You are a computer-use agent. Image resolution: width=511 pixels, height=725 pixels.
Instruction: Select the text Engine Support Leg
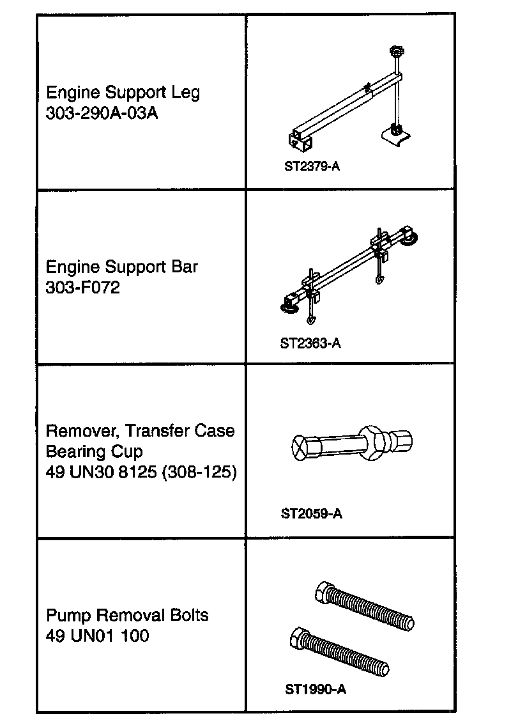pyautogui.click(x=123, y=93)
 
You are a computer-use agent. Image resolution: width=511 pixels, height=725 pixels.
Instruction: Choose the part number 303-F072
pyautogui.click(x=82, y=288)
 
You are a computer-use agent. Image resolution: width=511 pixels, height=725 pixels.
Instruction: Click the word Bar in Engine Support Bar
pyautogui.click(x=185, y=267)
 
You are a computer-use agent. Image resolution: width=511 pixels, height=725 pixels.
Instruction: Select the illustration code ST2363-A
pyautogui.click(x=310, y=343)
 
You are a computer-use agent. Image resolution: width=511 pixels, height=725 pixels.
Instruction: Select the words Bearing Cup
pyautogui.click(x=95, y=451)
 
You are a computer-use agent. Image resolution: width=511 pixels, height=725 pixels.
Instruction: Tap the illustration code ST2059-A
pyautogui.click(x=311, y=513)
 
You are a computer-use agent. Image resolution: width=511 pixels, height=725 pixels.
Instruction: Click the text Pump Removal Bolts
pyautogui.click(x=127, y=616)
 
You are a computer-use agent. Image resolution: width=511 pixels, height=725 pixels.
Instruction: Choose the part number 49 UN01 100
pyautogui.click(x=97, y=636)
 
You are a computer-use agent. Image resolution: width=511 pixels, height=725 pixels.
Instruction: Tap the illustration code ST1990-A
pyautogui.click(x=316, y=690)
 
